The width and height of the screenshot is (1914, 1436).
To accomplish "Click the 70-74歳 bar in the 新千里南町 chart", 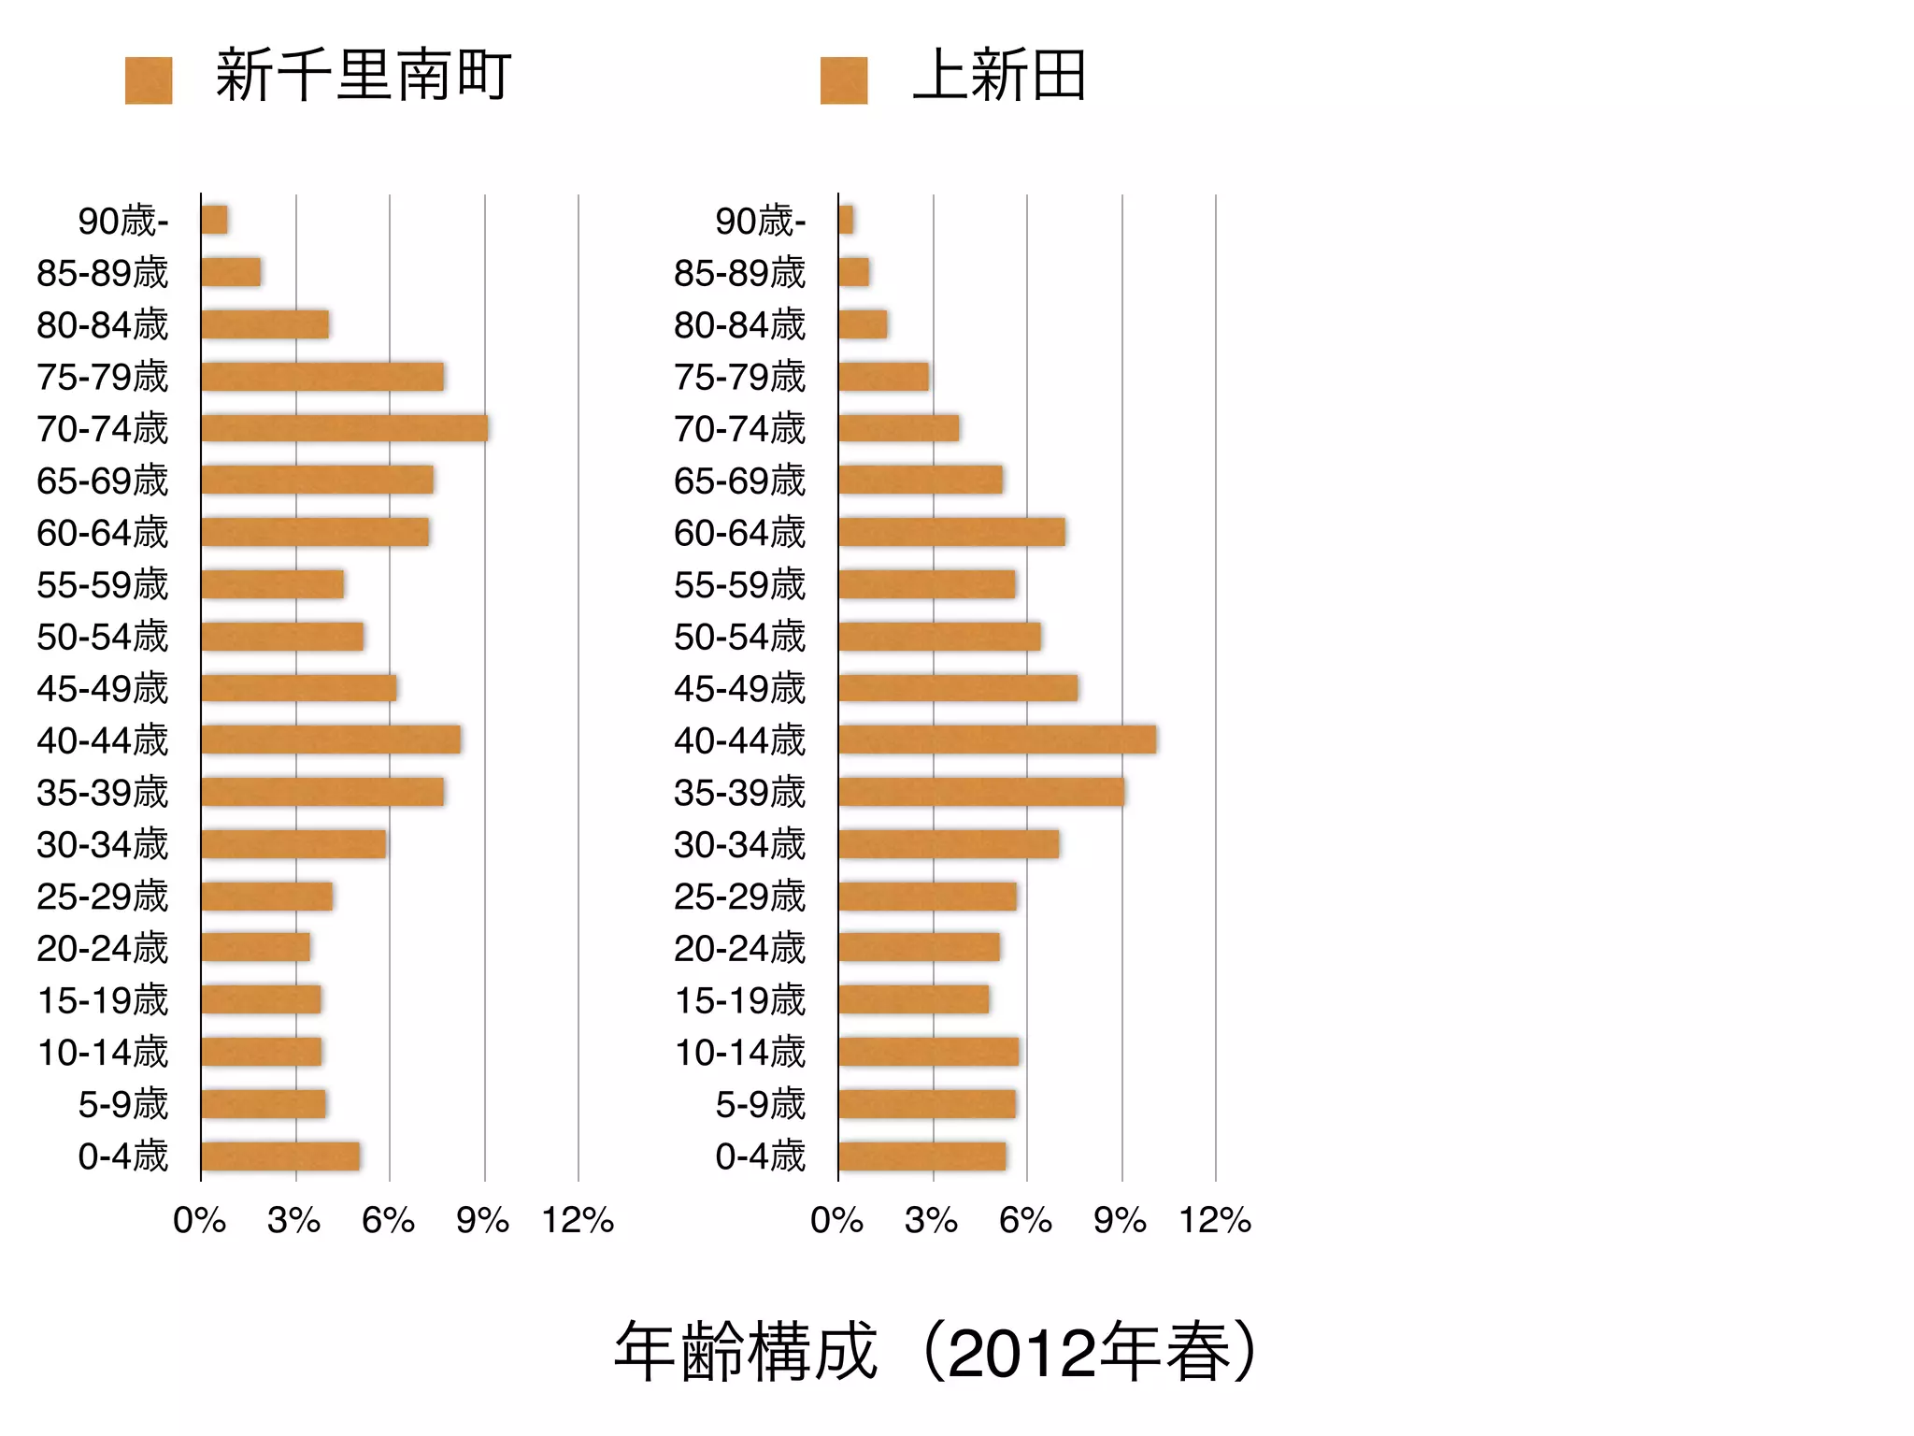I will (344, 428).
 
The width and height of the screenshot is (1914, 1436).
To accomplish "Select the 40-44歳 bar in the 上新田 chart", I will (997, 740).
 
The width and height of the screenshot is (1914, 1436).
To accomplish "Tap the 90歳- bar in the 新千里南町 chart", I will (215, 221).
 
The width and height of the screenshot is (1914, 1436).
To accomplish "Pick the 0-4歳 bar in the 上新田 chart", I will (922, 1156).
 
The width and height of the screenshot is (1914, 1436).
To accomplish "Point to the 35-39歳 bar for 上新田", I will (981, 792).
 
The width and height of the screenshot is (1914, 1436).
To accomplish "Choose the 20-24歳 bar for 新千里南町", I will (256, 948).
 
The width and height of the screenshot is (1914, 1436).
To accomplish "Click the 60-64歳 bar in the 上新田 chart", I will (951, 532).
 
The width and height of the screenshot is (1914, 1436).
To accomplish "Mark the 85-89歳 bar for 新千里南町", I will (231, 272).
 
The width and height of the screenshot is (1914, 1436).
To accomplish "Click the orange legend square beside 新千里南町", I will (149, 80).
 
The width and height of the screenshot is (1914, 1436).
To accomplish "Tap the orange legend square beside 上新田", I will (844, 80).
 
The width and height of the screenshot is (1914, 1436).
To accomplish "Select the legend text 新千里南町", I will (363, 75).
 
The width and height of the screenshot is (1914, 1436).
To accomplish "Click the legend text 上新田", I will (999, 75).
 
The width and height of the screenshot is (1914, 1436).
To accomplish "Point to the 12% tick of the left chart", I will (578, 1220).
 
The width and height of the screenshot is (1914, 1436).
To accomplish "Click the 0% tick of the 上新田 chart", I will (836, 1220).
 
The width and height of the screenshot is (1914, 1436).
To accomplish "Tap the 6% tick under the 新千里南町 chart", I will (389, 1220).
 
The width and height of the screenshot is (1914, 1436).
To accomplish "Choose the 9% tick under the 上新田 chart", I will (1121, 1220).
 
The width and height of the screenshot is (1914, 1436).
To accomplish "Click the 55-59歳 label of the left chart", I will (103, 585).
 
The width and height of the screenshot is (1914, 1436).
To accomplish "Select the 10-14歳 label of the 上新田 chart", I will (740, 1053).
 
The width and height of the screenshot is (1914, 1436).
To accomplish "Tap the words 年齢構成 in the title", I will (746, 1352).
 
